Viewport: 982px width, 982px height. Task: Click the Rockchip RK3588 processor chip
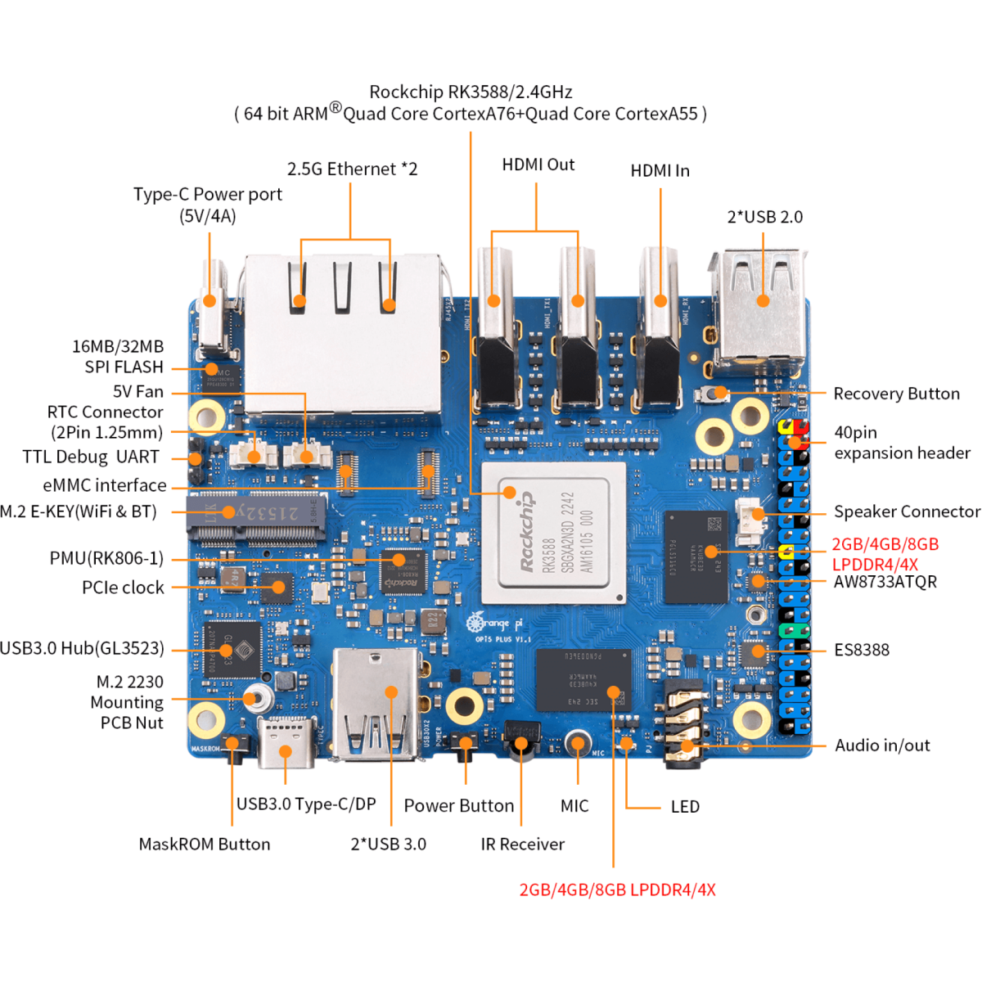553,534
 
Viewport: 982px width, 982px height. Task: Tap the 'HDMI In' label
660,170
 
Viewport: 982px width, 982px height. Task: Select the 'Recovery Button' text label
896,394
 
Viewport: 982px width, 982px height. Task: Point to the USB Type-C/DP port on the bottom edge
285,742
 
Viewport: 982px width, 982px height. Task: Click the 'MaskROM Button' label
204,844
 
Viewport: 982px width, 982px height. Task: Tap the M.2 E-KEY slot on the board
255,519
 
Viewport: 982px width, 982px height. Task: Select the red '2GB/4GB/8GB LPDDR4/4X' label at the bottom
617,890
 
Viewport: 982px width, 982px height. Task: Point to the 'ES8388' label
861,650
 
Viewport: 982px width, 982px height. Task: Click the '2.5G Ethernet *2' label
352,169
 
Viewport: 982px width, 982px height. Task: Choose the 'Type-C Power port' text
207,195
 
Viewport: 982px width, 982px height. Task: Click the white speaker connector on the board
749,521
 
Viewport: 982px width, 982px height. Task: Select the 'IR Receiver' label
522,844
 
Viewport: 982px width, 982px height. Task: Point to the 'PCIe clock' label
123,588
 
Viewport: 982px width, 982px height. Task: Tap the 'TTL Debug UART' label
91,457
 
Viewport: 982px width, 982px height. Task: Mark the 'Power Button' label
458,805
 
